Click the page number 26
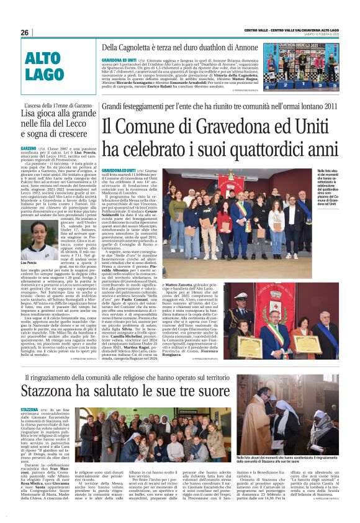(x=25, y=33)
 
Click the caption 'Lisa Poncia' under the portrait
(x=30, y=247)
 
